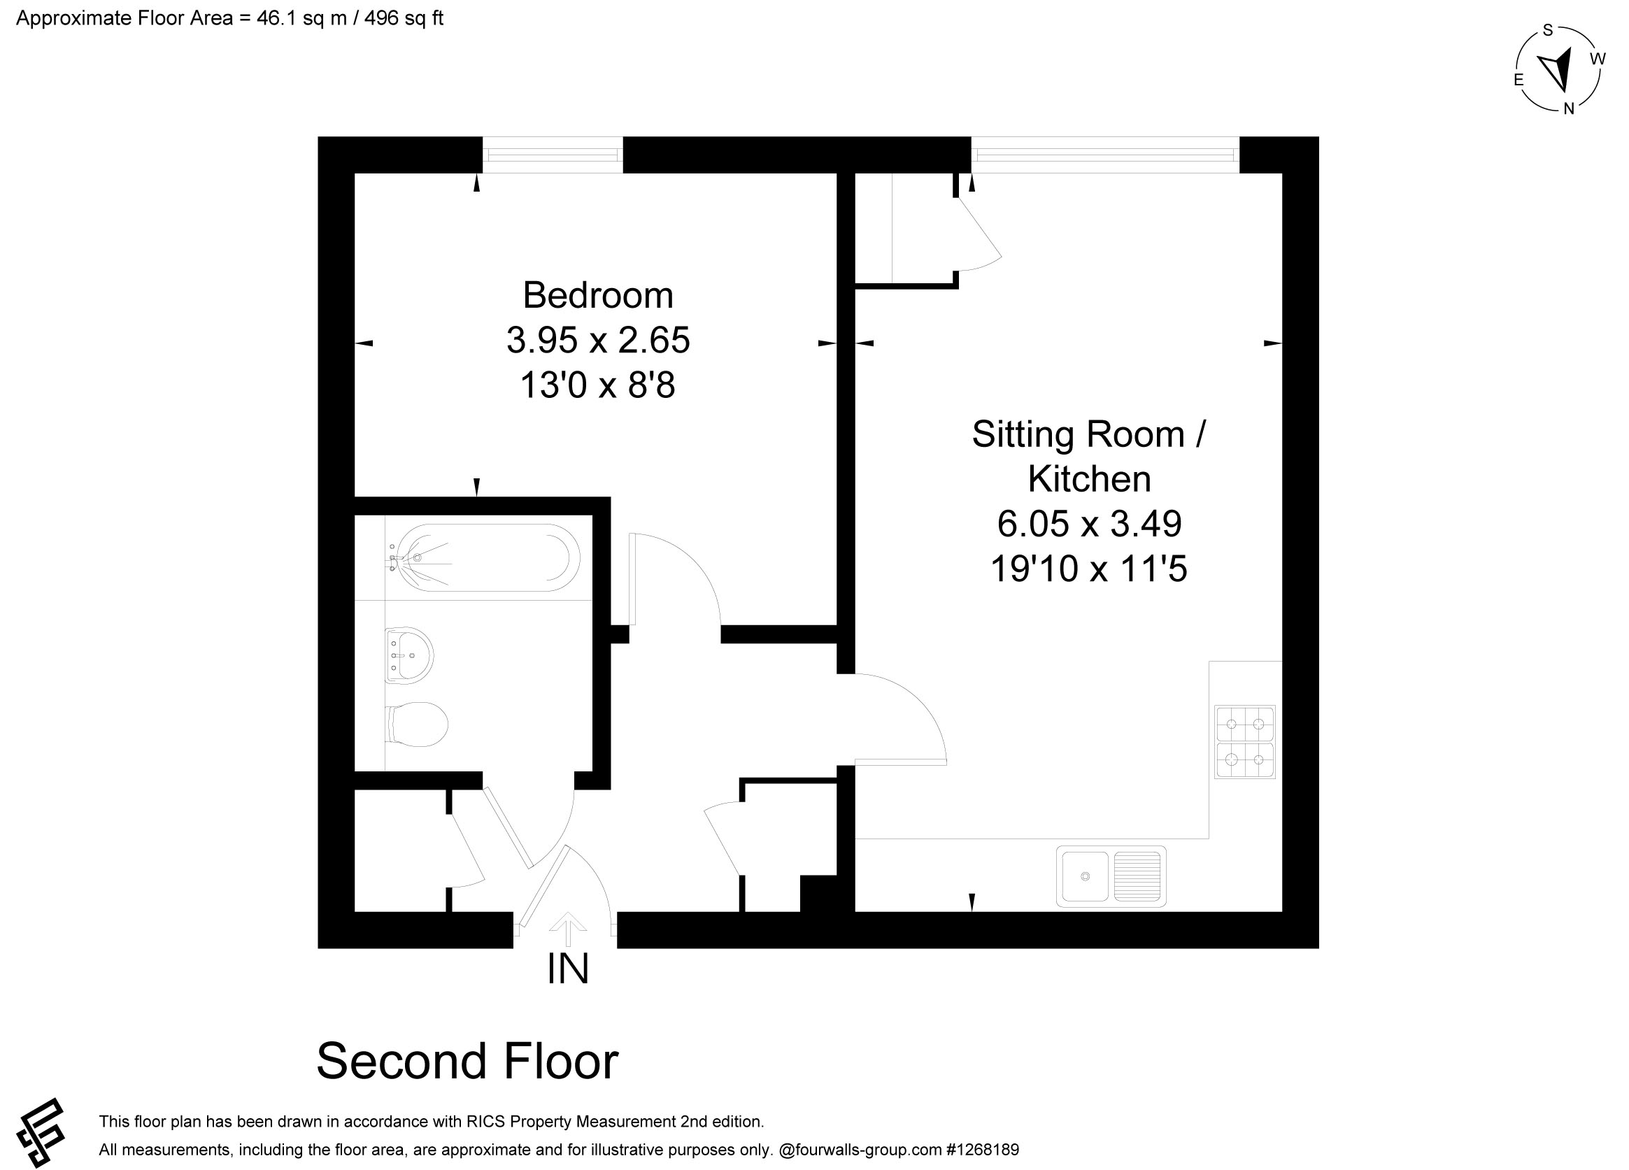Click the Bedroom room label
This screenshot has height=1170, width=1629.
coord(597,295)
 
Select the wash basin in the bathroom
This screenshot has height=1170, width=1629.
coord(408,655)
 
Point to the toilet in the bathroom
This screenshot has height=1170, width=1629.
coord(417,724)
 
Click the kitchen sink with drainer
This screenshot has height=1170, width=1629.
coord(1111,876)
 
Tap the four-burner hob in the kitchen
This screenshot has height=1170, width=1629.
coord(1245,742)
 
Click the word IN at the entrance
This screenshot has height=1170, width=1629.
coord(567,969)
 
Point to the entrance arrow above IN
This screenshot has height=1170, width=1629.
coord(568,929)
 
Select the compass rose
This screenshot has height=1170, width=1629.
coord(1558,71)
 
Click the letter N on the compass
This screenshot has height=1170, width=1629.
coord(1569,108)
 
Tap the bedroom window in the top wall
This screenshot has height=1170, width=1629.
coord(553,155)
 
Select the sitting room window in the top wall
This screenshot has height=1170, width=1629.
coord(1105,155)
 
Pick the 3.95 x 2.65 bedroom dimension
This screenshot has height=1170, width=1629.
coord(598,341)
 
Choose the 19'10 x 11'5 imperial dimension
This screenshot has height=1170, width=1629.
coord(1089,569)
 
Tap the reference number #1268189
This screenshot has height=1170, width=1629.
coord(983,1150)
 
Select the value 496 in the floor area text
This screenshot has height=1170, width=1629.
coord(381,18)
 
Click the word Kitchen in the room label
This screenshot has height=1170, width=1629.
coord(1089,479)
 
